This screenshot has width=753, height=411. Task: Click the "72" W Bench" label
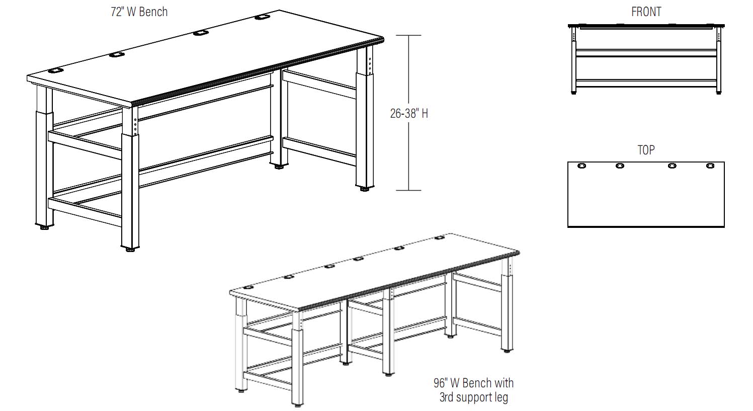(139, 12)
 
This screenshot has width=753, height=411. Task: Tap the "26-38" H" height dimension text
(409, 114)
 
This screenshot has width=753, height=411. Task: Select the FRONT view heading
(646, 12)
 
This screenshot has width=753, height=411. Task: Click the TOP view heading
(646, 150)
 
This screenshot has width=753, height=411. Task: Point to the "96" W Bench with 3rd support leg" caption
(473, 390)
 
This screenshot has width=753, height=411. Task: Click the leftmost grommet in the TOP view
(582, 166)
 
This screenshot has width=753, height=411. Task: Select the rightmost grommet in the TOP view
(710, 166)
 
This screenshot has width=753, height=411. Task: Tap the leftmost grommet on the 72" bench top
(55, 71)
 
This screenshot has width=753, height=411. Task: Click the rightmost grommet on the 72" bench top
(261, 18)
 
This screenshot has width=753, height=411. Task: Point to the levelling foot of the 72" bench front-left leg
(130, 248)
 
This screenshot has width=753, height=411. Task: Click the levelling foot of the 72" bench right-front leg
(363, 189)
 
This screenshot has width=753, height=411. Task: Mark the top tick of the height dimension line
(408, 35)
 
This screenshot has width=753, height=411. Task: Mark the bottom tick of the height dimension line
(408, 190)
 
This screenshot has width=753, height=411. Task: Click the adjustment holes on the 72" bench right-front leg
(370, 62)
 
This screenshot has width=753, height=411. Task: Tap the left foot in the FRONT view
(574, 92)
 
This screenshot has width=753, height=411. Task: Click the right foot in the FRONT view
(718, 92)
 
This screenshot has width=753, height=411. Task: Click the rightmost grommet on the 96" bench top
(439, 238)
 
